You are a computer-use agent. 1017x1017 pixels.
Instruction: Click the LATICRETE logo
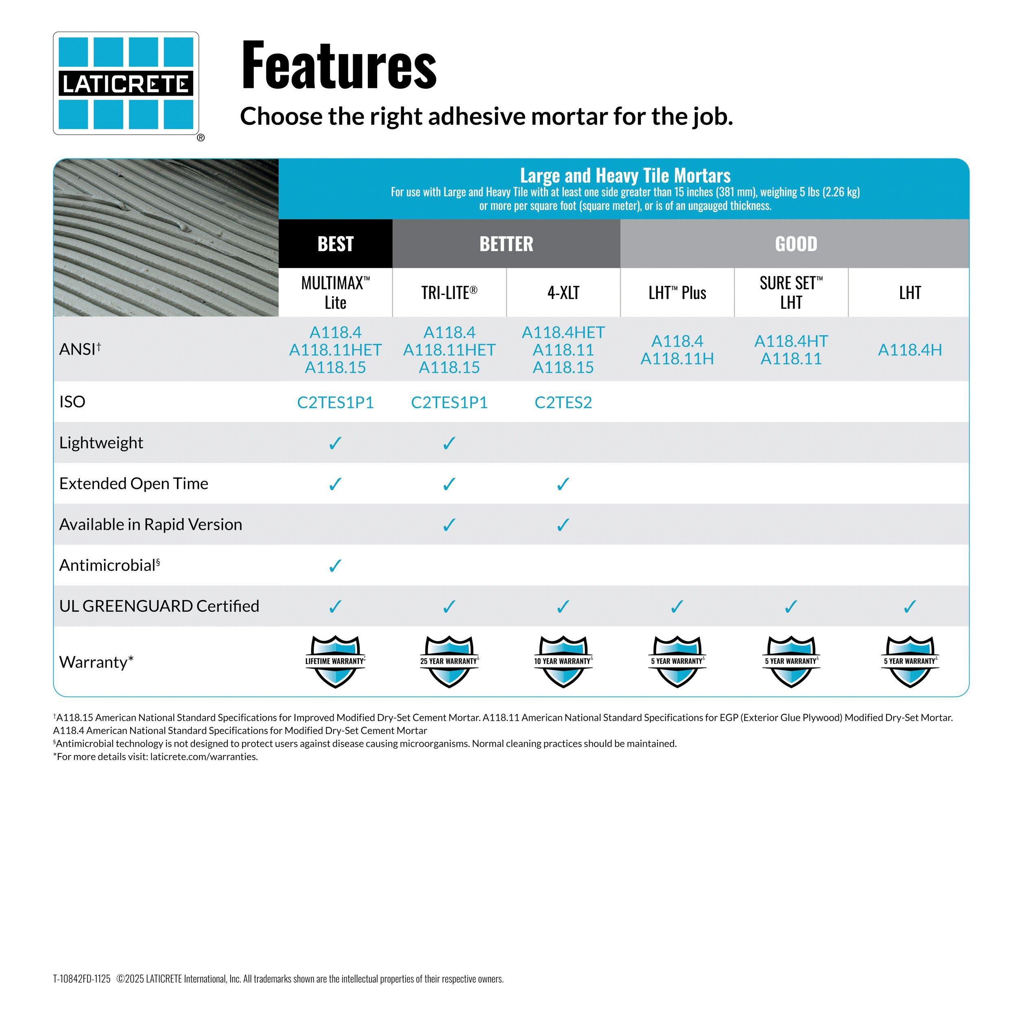[126, 83]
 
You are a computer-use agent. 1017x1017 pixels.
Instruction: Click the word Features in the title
[338, 66]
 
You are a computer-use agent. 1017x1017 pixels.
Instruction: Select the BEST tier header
[335, 244]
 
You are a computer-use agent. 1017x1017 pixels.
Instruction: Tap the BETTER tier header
[506, 244]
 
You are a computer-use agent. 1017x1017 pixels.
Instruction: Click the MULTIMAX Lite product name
[335, 292]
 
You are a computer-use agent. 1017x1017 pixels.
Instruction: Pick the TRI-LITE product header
[449, 292]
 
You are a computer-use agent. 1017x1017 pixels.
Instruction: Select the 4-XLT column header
[563, 292]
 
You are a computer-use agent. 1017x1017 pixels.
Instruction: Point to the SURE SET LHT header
[791, 292]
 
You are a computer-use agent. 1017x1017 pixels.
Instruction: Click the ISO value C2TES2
[563, 403]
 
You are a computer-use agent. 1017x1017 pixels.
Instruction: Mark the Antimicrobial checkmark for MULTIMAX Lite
[335, 566]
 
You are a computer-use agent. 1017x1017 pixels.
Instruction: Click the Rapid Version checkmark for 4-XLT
[563, 525]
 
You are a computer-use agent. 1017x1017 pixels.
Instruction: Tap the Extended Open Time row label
[134, 483]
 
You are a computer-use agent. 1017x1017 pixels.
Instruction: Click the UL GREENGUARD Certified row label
[159, 606]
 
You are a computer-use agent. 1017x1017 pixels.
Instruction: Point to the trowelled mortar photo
[166, 238]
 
